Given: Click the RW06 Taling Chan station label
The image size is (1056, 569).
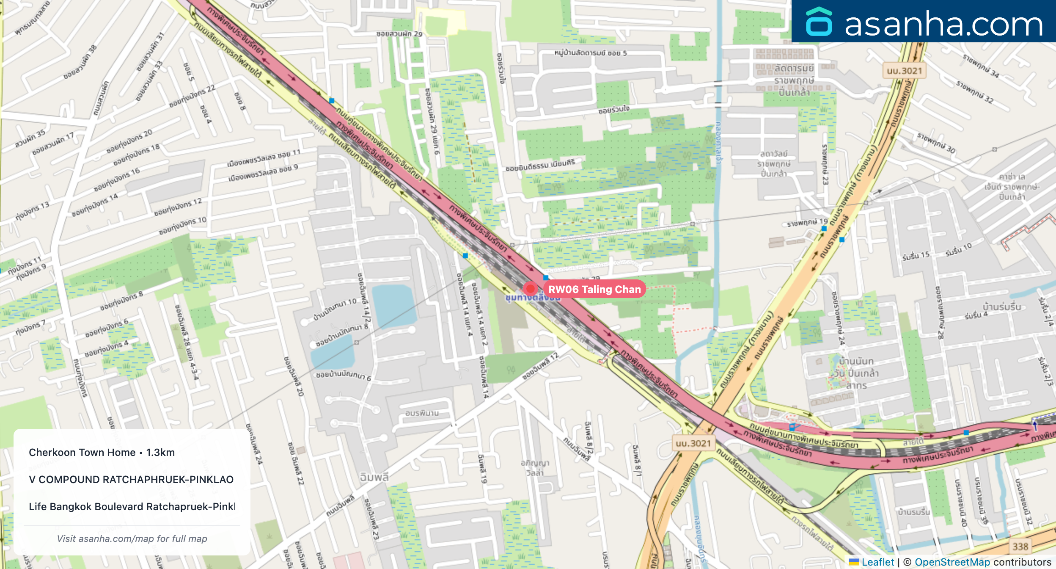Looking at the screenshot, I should point(594,289).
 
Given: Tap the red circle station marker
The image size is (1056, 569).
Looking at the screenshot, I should point(530,289).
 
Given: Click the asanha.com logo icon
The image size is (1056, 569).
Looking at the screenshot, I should point(819,22).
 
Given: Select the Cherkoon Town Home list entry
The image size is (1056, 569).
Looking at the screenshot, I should point(102,452).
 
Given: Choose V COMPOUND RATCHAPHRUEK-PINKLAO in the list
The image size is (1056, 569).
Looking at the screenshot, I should point(131,479).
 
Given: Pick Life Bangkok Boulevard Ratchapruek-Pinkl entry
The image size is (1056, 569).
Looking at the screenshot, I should point(132,506).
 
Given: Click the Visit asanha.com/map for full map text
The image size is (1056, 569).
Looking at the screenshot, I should point(132,539).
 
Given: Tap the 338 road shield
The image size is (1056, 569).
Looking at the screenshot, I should point(1020,547).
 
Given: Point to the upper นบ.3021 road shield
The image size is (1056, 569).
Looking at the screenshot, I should point(904,71).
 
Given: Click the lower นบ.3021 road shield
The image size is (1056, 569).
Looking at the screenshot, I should point(693,443).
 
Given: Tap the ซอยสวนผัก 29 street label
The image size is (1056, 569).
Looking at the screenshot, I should point(399,34).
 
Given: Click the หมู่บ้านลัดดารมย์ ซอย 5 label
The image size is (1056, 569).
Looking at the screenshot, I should point(590,53).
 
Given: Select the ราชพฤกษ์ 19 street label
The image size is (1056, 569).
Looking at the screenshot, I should point(807,222).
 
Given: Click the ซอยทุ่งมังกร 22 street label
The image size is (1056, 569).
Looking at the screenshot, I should point(192,96).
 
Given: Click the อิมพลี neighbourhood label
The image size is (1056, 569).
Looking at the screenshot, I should point(374,477).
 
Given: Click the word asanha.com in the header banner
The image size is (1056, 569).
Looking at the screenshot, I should point(943,24).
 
